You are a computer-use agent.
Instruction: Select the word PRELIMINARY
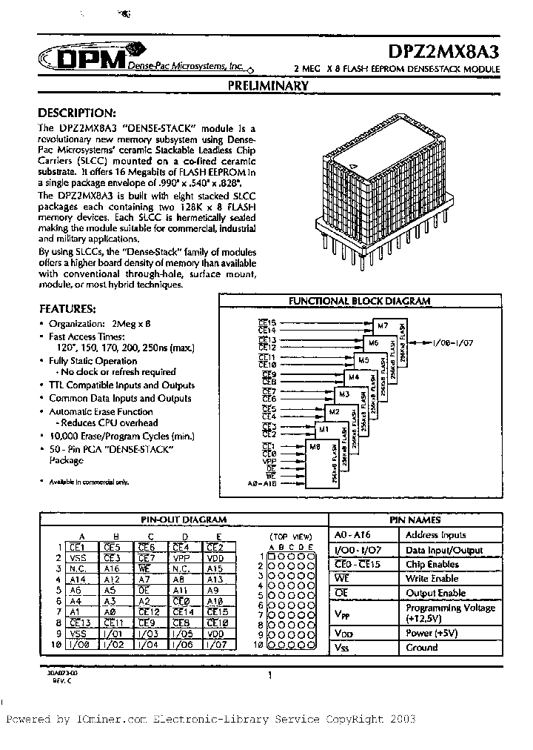click(x=267, y=86)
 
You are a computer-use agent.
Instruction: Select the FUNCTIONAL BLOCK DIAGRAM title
click(x=359, y=302)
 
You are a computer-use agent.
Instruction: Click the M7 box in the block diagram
click(x=382, y=325)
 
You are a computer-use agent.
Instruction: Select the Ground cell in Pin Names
click(x=423, y=647)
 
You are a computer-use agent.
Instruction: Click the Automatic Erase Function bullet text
click(x=101, y=411)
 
